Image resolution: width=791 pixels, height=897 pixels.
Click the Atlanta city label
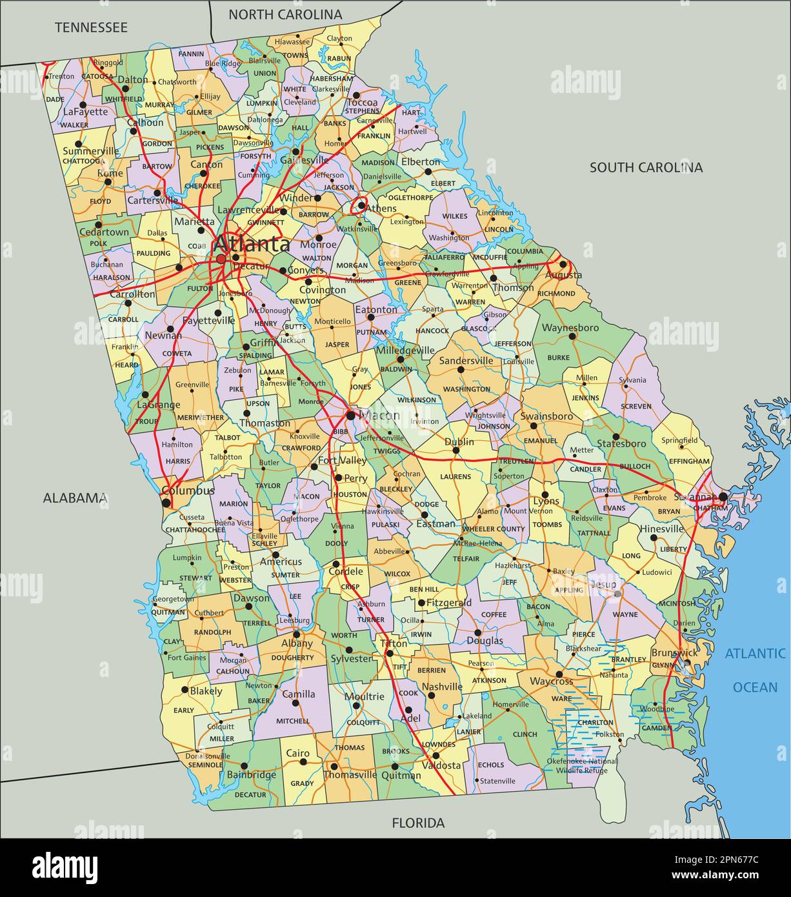click(x=252, y=245)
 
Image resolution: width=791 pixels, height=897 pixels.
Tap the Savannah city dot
click(x=723, y=497)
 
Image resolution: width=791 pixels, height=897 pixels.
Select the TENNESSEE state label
click(x=91, y=27)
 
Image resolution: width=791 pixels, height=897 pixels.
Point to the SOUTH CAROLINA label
click(x=646, y=168)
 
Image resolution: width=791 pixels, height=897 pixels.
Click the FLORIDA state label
click(x=418, y=823)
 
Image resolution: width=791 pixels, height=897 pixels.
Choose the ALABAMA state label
click(x=75, y=498)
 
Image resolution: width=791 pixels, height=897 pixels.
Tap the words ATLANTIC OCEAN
click(x=755, y=670)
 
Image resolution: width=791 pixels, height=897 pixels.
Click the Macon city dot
click(x=350, y=415)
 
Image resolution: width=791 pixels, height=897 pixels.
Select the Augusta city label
click(x=563, y=275)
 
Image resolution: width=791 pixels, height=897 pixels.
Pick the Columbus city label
click(x=188, y=490)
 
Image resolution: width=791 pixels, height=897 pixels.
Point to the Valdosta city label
click(x=441, y=765)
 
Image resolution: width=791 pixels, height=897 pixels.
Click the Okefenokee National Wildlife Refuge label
click(x=582, y=765)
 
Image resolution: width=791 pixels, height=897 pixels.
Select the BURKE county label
click(x=558, y=357)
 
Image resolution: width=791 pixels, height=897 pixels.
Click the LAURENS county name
click(x=456, y=476)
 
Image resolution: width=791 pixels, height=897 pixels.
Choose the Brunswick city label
click(x=674, y=652)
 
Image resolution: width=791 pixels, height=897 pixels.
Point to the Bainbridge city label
click(x=251, y=774)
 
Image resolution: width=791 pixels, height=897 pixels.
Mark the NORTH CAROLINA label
click(x=285, y=14)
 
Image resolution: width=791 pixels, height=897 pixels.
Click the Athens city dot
click(x=359, y=206)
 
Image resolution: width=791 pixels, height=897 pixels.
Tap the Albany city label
click(x=297, y=643)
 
